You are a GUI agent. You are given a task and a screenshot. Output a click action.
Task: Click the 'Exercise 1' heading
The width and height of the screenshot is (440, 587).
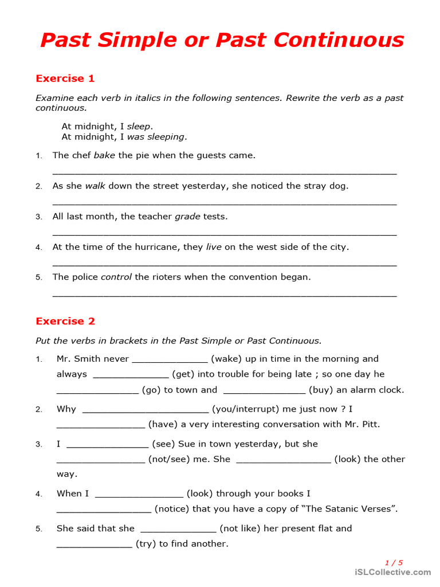click(65, 79)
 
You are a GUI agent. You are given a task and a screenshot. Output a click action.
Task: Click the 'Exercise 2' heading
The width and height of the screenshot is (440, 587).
click(65, 321)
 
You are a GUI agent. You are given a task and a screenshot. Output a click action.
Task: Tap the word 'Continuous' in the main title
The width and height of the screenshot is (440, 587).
click(339, 40)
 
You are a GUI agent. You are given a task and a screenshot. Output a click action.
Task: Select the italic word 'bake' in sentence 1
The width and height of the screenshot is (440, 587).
click(104, 155)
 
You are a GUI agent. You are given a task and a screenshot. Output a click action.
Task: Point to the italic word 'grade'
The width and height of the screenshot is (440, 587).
click(187, 217)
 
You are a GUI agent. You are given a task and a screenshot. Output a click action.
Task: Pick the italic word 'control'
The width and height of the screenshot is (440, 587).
click(116, 277)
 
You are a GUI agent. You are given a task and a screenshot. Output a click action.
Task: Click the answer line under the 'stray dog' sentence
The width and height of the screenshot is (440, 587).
click(224, 203)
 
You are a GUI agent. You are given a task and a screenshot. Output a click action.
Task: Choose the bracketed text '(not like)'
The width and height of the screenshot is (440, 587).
click(239, 529)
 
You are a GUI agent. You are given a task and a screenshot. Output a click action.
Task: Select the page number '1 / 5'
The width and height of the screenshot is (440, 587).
click(394, 563)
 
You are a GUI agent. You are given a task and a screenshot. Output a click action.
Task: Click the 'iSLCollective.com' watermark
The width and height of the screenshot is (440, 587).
click(392, 572)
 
